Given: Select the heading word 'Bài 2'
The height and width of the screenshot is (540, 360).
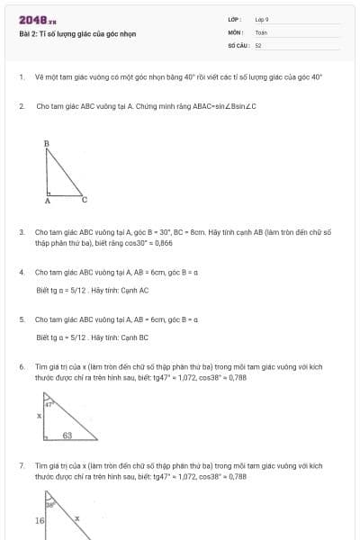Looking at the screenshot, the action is pos(27,34).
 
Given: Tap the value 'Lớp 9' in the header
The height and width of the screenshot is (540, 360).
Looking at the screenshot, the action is pos(261,19).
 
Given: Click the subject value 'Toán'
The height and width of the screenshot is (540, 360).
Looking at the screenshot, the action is pos(261,31).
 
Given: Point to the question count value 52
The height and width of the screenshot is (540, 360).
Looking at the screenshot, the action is pos(258,44).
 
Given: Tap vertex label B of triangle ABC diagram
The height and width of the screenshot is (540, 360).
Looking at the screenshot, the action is pos(46,143).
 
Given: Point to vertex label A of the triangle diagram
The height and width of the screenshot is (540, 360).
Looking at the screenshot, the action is pos(47,202).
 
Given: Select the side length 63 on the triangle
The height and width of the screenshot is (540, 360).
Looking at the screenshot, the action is pos(67,435).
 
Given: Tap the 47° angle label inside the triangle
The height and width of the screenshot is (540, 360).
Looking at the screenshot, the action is pos(51,404).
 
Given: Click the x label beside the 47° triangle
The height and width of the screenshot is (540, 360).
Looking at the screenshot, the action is pos(39,417).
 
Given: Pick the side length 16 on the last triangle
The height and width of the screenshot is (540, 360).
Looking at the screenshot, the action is pos(40,520).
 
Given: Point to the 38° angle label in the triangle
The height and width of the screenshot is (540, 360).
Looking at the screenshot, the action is pos(51,505).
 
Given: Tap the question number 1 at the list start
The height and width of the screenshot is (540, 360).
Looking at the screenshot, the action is pos(21,77).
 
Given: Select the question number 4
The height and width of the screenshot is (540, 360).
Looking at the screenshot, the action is pos(21,271).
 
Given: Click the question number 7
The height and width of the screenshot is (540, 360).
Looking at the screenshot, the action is pos(21,465).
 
